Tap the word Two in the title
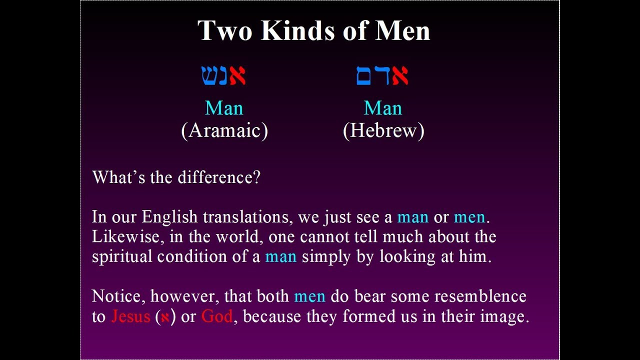(226, 30)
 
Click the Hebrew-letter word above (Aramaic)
(223, 75)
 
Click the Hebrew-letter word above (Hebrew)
(382, 75)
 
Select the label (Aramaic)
(224, 130)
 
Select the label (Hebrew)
(383, 130)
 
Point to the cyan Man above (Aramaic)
(224, 108)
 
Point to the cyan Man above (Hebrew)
(383, 108)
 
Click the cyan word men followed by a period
(469, 217)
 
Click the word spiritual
(122, 256)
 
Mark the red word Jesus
(130, 316)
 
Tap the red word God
(216, 316)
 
